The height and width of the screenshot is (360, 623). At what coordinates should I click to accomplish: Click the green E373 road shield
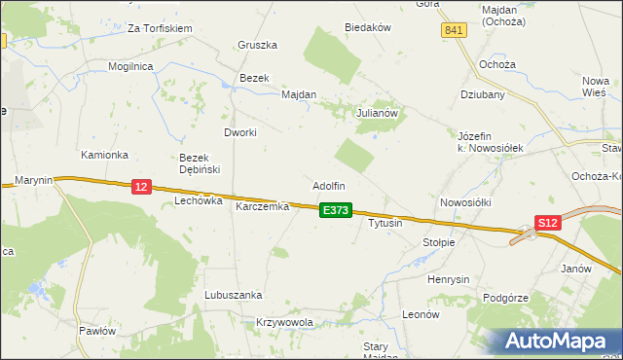(335, 210)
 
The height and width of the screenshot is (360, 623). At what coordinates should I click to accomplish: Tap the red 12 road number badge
(141, 186)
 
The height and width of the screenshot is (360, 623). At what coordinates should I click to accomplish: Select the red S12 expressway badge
(549, 223)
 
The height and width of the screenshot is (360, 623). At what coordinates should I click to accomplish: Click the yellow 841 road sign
(454, 31)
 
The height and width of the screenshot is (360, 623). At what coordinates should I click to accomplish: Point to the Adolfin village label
(328, 186)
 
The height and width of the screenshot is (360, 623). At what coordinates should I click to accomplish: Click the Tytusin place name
(385, 224)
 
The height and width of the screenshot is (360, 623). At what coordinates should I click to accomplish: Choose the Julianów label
(379, 113)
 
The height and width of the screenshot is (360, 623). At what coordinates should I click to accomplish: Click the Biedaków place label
(367, 28)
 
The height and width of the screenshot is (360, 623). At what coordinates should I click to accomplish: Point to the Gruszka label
(258, 45)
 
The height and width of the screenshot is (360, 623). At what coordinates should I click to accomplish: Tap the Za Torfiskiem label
(160, 29)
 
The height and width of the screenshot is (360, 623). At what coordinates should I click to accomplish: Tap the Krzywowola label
(284, 322)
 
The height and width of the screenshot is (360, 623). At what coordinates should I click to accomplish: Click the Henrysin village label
(449, 279)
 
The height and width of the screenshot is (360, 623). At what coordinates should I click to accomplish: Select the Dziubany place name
(482, 95)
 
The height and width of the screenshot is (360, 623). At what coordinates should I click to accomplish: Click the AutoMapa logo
(560, 342)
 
